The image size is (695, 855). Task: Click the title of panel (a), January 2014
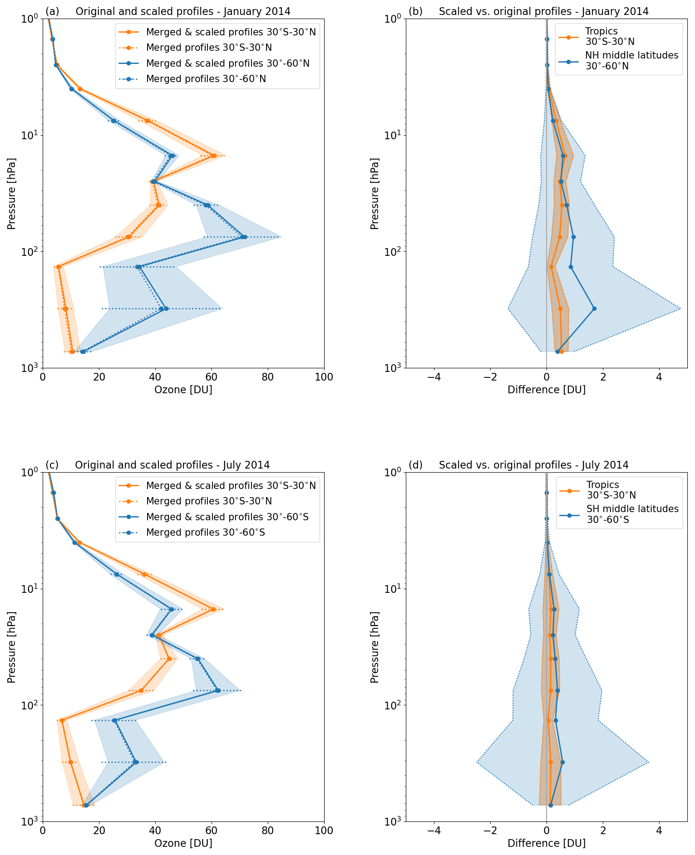coord(183,12)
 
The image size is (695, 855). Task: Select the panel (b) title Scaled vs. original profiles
coord(543,12)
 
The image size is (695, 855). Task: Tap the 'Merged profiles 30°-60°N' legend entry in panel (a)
coord(206,79)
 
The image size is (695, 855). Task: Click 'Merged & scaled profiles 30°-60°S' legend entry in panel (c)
coord(227,517)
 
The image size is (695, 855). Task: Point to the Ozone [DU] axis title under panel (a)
coord(183,390)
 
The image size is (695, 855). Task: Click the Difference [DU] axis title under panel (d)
coord(546,843)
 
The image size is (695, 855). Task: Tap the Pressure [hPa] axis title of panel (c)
coord(11,646)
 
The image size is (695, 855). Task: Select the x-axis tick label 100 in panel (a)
coord(324,377)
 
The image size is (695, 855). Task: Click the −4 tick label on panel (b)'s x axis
coord(434,377)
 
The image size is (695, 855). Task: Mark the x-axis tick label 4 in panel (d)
coord(659,831)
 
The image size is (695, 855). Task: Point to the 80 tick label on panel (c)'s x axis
coord(268,831)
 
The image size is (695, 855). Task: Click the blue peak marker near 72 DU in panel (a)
coord(244,237)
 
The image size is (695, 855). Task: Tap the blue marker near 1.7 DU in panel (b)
coord(594,309)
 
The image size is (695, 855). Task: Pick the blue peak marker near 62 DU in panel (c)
coord(218,690)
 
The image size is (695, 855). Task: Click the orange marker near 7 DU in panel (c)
coord(62,720)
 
